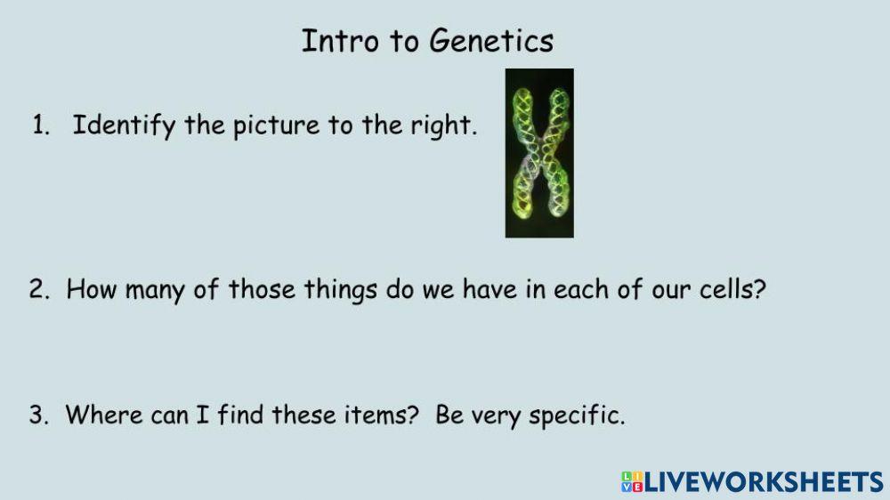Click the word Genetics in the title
[491, 42]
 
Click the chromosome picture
[539, 153]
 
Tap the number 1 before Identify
[38, 126]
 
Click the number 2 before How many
[37, 290]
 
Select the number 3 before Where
[37, 415]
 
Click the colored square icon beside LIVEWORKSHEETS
[632, 482]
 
